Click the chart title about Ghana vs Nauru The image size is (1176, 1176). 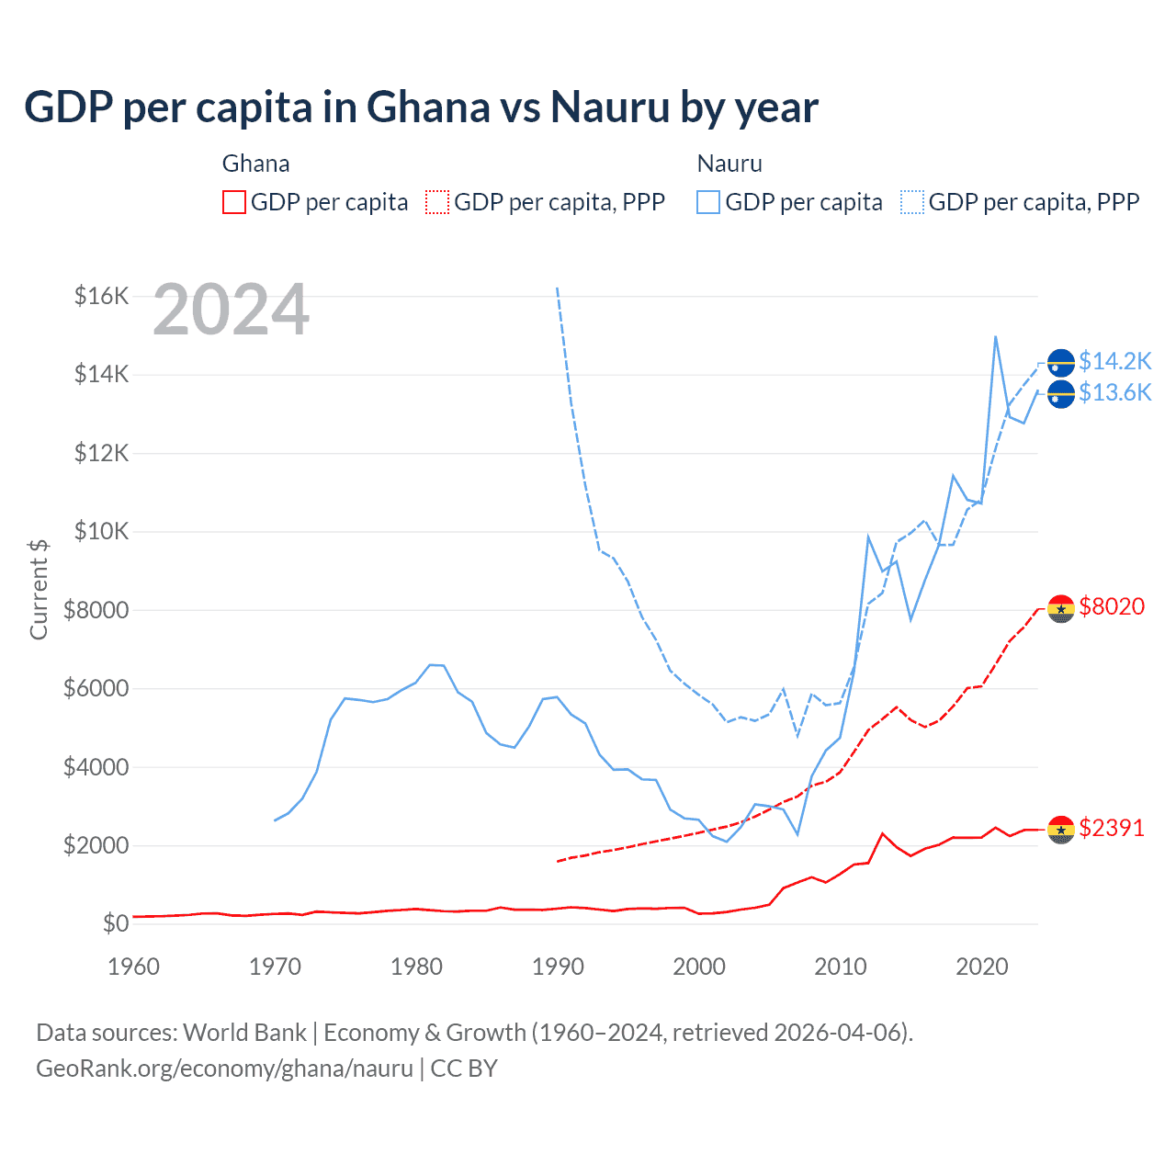(421, 107)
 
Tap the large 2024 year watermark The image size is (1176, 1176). (231, 310)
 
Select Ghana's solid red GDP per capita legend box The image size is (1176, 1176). (234, 202)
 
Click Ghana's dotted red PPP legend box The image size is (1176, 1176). (437, 202)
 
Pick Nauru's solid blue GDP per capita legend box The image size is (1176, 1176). (708, 202)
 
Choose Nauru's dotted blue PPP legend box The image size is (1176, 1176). (912, 202)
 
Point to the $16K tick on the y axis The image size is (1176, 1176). (101, 296)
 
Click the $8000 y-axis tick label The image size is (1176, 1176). (96, 610)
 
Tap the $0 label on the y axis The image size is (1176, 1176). (115, 923)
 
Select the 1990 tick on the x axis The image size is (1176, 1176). (558, 967)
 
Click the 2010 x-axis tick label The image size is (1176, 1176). (841, 967)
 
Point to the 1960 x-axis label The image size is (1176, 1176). (134, 967)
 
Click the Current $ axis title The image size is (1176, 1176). (39, 589)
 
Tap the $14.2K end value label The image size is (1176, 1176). (1114, 361)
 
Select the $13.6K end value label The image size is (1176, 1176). (1114, 393)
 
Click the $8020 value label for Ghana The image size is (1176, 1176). (1112, 606)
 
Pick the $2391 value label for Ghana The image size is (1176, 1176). (1112, 828)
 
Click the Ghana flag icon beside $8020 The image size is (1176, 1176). (1061, 608)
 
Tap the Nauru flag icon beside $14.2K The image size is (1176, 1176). (1061, 363)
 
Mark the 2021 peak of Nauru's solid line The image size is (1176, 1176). (996, 337)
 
